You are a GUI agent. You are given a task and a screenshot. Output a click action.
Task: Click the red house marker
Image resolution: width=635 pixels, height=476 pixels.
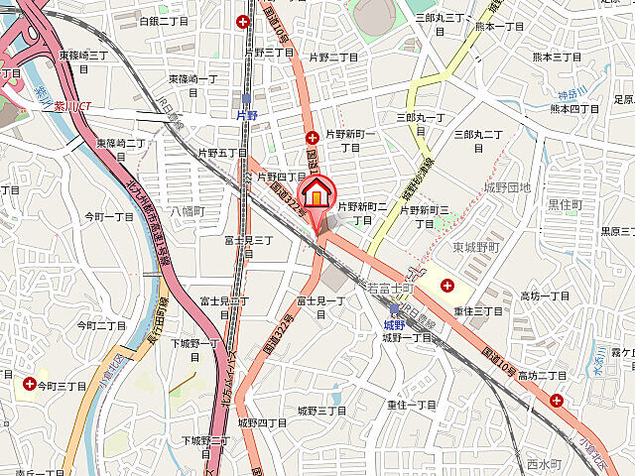(317, 193)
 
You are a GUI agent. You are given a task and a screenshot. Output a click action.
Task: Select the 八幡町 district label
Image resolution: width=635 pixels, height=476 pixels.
(186, 211)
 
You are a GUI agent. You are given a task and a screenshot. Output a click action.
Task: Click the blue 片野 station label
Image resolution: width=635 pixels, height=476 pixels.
(247, 115)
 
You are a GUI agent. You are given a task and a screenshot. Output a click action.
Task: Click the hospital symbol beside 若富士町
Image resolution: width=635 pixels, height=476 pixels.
(447, 287)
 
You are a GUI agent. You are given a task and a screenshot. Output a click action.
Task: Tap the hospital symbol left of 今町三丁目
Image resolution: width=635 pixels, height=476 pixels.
(29, 383)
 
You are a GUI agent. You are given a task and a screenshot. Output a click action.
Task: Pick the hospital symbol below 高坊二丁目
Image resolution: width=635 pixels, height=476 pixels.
(556, 401)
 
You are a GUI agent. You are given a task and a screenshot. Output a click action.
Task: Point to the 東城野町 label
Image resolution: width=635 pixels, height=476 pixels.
(472, 246)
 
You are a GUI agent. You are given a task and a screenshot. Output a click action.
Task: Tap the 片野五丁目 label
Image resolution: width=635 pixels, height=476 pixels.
(221, 153)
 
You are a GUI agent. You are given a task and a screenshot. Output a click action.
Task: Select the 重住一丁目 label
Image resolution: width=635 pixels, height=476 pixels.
(412, 405)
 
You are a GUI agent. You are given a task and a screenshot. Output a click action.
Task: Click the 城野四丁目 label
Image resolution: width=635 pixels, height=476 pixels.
(262, 422)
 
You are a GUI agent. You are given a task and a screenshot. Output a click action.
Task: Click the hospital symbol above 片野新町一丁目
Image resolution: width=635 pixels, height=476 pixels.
(312, 137)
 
